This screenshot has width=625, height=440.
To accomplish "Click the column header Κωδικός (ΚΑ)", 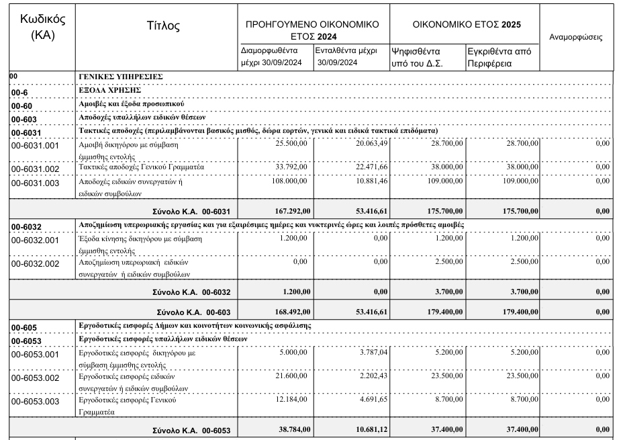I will coord(38,26).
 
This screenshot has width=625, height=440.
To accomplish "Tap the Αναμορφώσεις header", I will coord(575,38).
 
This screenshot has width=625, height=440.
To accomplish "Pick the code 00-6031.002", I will coord(41,169).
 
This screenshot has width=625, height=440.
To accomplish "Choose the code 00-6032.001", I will coord(41,240).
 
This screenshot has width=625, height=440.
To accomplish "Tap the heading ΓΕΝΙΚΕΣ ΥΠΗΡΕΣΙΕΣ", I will coord(120,77).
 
